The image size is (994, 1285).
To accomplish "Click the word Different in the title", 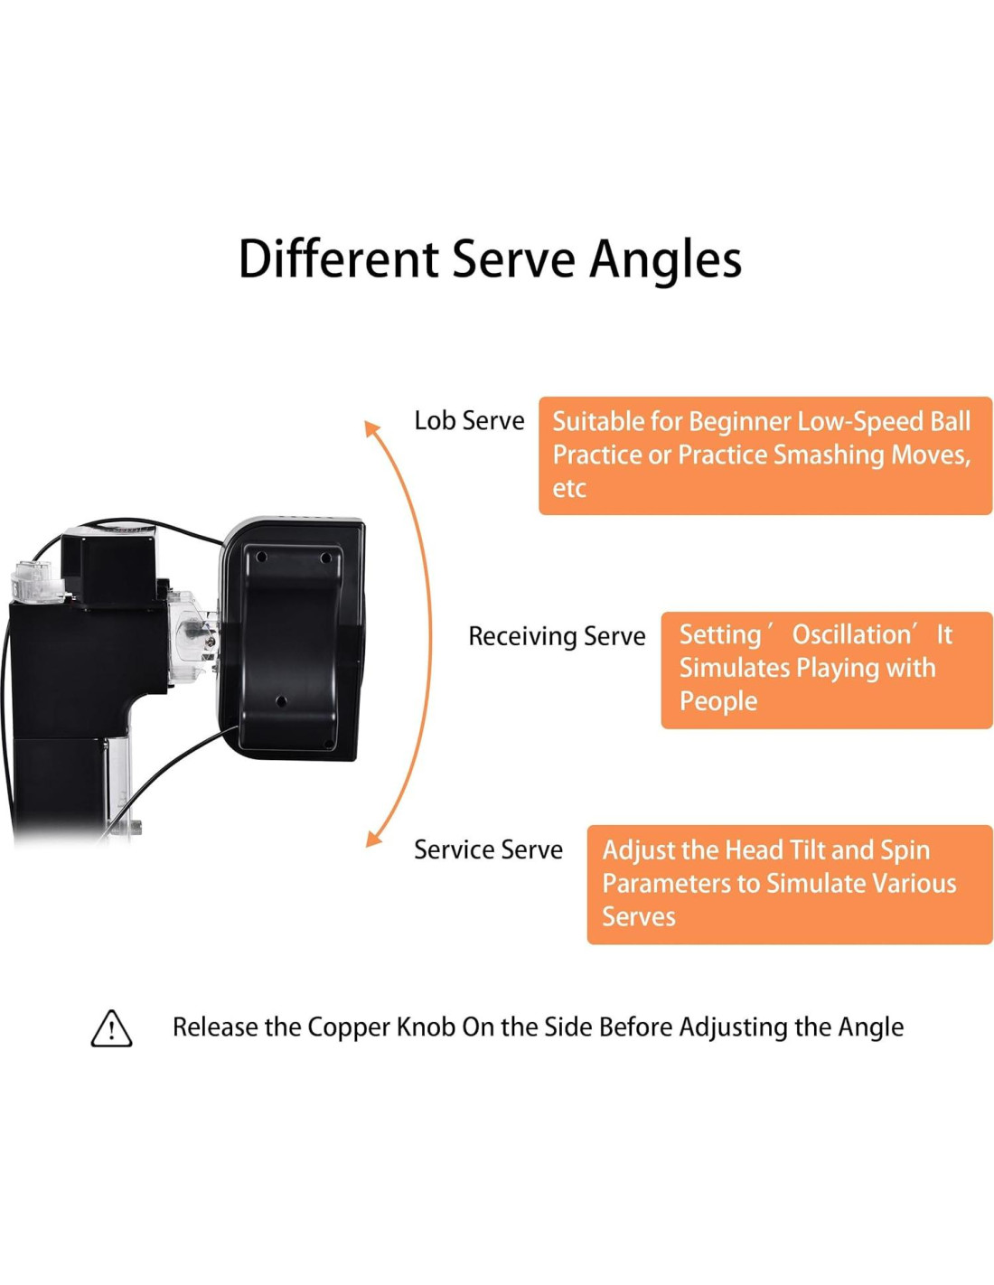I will coord(338,259).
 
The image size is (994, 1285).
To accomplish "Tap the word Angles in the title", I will coord(665,259).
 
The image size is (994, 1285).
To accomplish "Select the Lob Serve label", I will coord(469,421).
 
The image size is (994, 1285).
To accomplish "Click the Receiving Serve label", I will coord(557,636).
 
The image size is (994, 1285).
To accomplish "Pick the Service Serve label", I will coord(488,849).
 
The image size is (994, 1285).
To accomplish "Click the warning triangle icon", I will coord(111,1028).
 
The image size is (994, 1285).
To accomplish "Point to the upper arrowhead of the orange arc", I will coord(370,428).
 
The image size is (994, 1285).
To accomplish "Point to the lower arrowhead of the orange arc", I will coord(372,839).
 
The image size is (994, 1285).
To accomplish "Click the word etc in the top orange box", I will coord(569,489).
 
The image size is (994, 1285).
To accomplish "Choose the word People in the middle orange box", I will coord(717,701).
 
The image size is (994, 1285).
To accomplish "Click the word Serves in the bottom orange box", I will coord(639,916).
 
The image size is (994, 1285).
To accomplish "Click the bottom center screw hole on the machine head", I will coord(281,701).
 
